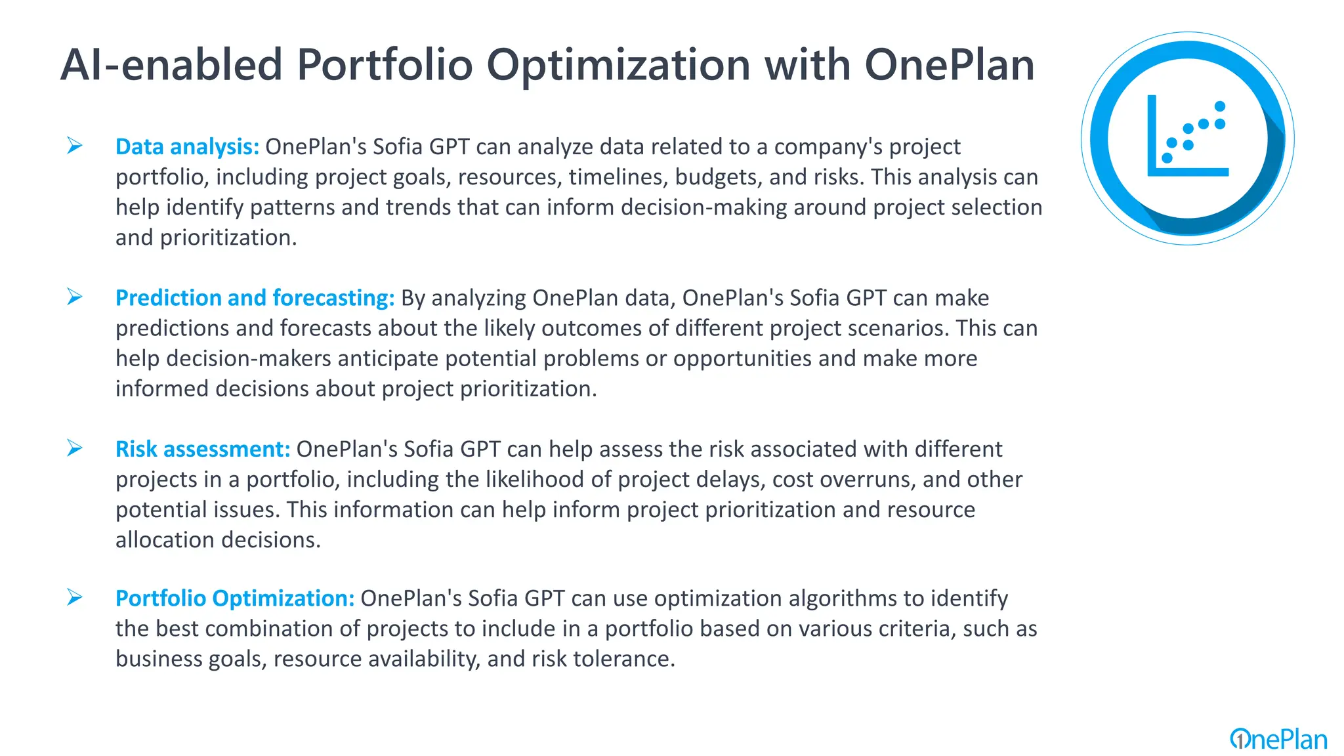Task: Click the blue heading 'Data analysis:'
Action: click(x=187, y=146)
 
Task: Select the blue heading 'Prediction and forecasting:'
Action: click(x=255, y=298)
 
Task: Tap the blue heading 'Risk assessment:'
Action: click(x=202, y=449)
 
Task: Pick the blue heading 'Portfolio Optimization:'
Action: click(x=234, y=598)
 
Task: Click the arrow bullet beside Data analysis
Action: click(x=74, y=146)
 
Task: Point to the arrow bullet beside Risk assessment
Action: click(x=74, y=448)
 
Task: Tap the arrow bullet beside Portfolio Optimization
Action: click(x=74, y=598)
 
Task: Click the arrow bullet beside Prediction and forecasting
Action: click(x=74, y=297)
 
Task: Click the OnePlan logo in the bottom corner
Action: click(x=1278, y=739)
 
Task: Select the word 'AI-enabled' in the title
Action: click(x=171, y=65)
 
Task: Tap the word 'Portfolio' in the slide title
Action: click(x=385, y=65)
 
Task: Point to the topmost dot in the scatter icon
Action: click(x=1220, y=106)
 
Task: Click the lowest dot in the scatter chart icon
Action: click(x=1167, y=158)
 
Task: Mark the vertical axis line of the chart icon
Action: click(x=1152, y=135)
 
